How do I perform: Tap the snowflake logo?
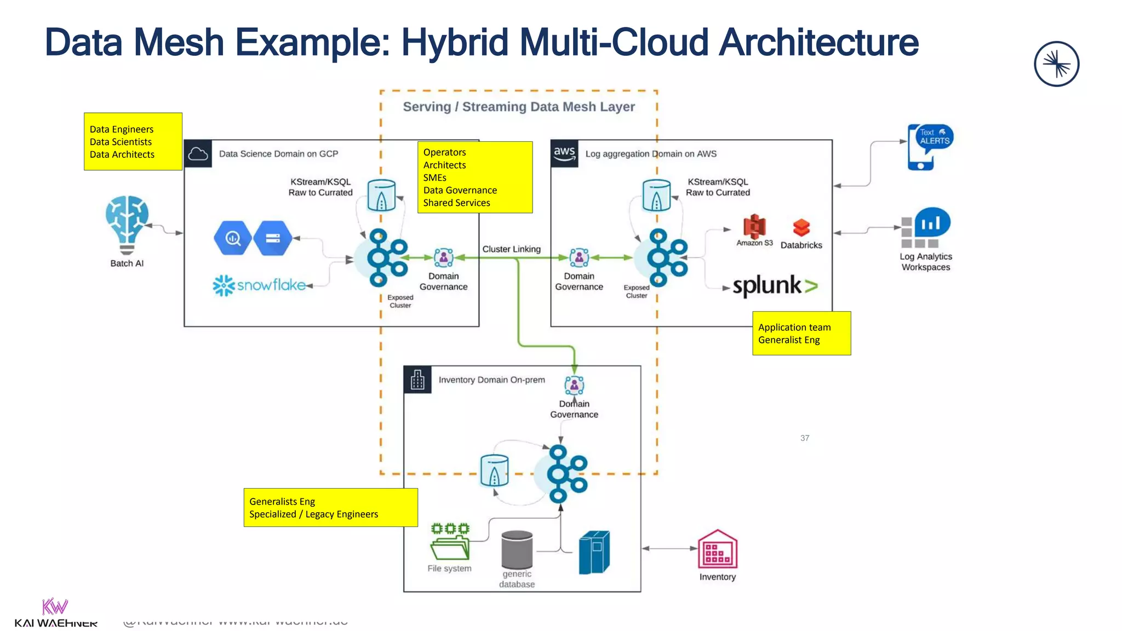(x=259, y=285)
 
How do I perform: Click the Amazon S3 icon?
(x=754, y=226)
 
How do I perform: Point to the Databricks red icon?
(x=801, y=227)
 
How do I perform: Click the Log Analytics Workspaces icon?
(x=925, y=227)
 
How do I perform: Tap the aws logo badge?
(x=564, y=153)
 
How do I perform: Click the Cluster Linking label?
(x=511, y=249)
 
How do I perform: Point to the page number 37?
(x=804, y=438)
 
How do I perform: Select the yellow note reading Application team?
(x=801, y=333)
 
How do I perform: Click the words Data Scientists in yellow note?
(x=121, y=142)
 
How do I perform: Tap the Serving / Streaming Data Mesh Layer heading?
(x=518, y=107)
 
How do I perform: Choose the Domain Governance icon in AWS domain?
(x=579, y=257)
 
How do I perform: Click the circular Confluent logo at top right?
(x=1056, y=64)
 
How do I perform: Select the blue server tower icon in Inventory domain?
(x=594, y=552)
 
